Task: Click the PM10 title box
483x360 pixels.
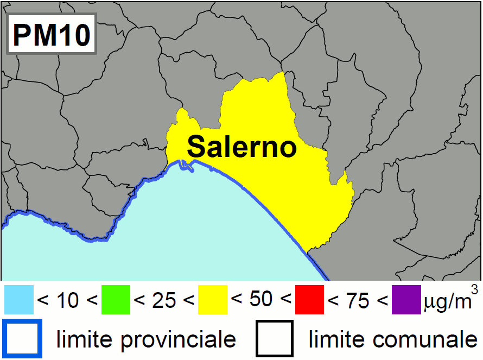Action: tap(51, 35)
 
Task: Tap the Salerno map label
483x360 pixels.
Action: tap(243, 146)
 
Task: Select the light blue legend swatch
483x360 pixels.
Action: tap(19, 300)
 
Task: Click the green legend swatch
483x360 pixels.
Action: tap(116, 300)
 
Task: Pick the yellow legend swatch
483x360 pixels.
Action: tap(213, 300)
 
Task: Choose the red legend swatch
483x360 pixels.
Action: tap(309, 300)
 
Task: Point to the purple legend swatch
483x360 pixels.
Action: tap(406, 300)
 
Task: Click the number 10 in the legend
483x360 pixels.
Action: tap(68, 300)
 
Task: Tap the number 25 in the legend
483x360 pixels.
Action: tap(164, 300)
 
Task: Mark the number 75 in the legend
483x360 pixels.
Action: tap(358, 300)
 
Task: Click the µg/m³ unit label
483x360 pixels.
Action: tap(449, 300)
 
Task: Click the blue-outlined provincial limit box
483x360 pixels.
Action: tap(22, 339)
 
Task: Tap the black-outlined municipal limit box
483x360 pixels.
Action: tap(275, 339)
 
